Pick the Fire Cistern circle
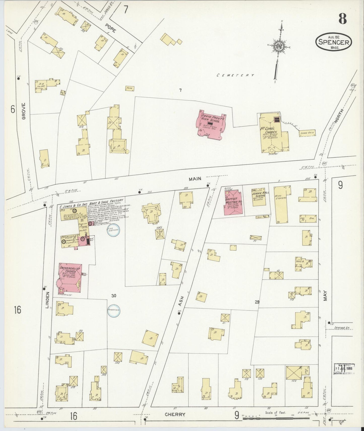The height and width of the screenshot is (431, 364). (x=113, y=230)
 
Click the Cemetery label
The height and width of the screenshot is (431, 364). (x=235, y=75)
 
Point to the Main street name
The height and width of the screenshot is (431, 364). (x=195, y=179)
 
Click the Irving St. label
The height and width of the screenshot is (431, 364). (x=342, y=328)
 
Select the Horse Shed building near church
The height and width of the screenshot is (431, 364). (x=307, y=133)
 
